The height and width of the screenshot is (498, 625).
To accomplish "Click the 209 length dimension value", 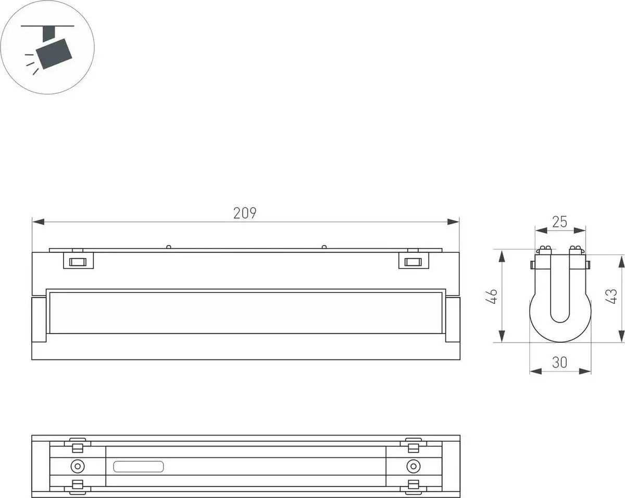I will tap(245, 213).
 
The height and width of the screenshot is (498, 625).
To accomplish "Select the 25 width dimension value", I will tap(559, 222).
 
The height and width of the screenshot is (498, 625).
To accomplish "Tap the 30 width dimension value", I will tap(559, 363).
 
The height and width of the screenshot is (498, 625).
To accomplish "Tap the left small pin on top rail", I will tap(168, 247).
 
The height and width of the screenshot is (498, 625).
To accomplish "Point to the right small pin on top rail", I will tap(323, 247).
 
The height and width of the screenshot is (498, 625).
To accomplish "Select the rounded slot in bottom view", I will tap(139, 466).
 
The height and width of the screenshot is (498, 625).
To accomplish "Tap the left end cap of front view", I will tap(39, 320).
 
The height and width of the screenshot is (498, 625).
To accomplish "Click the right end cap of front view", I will tap(453, 320).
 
